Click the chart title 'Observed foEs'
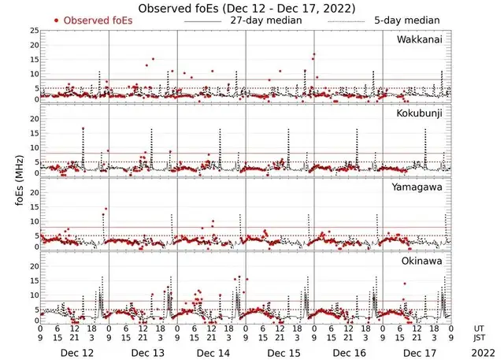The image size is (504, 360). point(246,8)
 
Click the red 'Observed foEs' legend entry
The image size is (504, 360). point(93,20)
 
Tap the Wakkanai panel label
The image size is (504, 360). point(419,39)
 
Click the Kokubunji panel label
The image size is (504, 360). point(419,114)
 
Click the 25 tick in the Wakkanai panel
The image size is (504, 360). point(33,32)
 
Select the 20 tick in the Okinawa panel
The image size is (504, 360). point(33,267)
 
